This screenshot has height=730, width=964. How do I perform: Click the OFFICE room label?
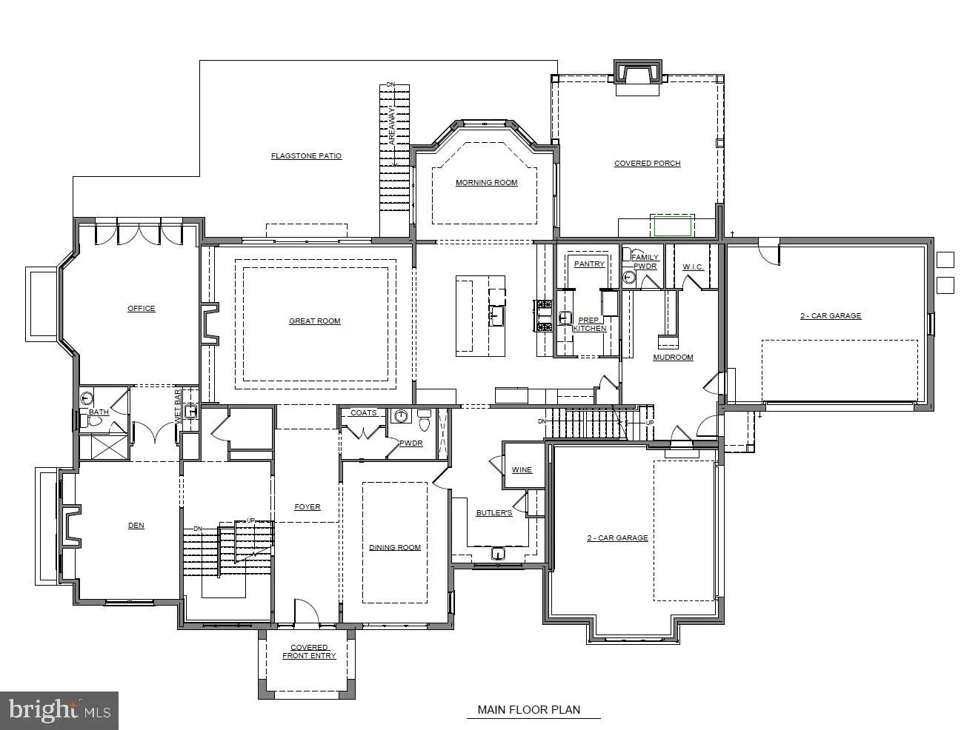pos(141,309)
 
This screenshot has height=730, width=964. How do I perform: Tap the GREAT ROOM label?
pos(314,321)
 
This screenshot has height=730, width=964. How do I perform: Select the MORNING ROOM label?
pos(486,182)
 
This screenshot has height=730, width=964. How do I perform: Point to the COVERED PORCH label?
pos(648,163)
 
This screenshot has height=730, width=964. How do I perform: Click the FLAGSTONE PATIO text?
pos(306,155)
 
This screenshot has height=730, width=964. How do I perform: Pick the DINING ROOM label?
pos(395,547)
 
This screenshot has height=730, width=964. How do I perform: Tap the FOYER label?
pos(308,506)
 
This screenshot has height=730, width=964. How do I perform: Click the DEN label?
pos(136,525)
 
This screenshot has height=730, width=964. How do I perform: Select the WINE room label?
pos(522,470)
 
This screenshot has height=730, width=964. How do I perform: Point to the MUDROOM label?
pos(673,357)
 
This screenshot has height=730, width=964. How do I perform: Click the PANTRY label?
pos(589,264)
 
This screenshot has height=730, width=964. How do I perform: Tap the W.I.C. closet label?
pos(693,267)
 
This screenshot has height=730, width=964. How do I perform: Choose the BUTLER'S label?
pos(494,512)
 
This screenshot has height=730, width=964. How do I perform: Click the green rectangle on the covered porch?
pos(672,226)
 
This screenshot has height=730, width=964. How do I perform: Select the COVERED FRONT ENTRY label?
pos(309,652)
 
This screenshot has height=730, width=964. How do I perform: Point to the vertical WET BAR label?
pos(178,406)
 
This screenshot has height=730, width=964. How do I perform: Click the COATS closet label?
pos(364,413)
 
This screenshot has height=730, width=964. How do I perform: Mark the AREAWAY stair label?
pos(392,127)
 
